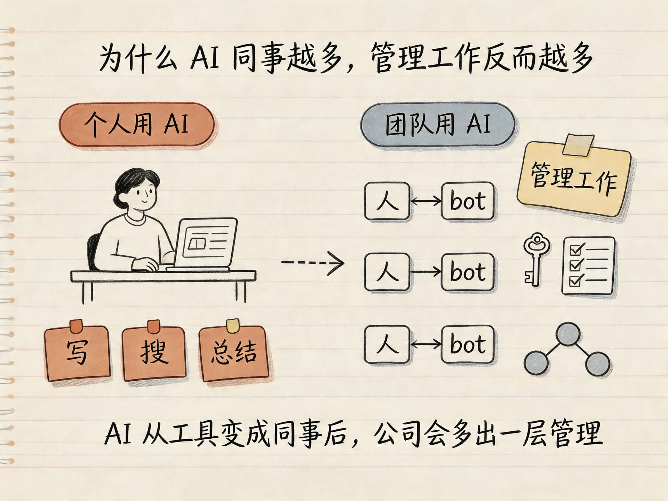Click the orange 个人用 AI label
click(136, 124)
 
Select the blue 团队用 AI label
click(437, 124)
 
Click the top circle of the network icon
click(567, 334)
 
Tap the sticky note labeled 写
click(78, 352)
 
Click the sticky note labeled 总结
click(234, 352)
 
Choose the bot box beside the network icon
click(468, 344)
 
